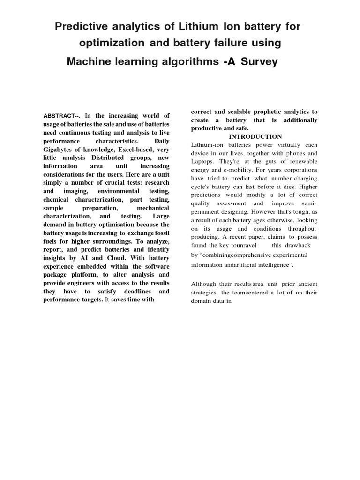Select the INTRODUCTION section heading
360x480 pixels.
pos(255,136)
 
